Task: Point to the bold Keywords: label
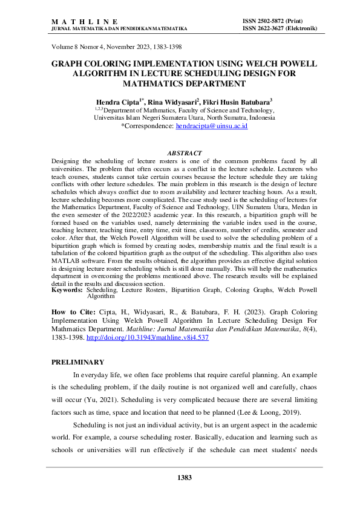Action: point(67,290)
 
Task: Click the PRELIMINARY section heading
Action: point(78,362)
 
